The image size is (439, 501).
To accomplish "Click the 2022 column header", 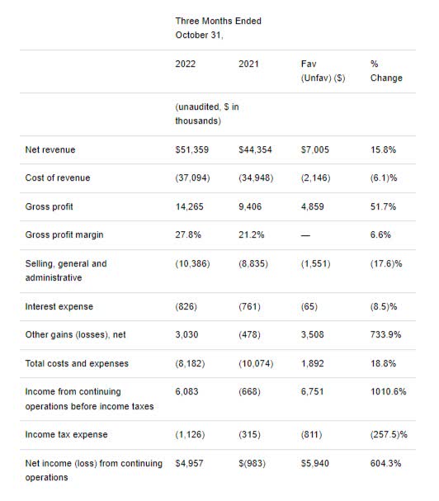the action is [186, 64].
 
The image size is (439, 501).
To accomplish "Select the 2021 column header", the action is [248, 64].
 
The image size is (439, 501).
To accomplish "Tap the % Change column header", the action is [386, 71].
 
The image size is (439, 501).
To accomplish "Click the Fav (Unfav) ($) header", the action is [323, 71].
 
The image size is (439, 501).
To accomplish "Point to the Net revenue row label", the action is [50, 149].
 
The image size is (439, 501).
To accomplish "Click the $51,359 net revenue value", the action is [191, 149].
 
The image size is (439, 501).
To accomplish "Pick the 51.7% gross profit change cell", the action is [383, 206].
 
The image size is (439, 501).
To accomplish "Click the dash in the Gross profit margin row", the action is [305, 235].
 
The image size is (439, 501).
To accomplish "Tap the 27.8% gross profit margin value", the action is [188, 235].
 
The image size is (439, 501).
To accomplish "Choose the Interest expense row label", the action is [59, 306].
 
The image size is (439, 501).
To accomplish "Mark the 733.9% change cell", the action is [385, 334].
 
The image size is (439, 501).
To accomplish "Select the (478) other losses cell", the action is [249, 334].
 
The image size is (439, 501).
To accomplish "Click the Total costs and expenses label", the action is [77, 363].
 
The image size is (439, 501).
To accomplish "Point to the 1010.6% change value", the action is [388, 391].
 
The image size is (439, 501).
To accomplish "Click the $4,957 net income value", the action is [189, 463].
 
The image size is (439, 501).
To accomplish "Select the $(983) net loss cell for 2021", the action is [252, 463].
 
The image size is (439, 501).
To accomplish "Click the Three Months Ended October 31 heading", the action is [218, 28].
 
